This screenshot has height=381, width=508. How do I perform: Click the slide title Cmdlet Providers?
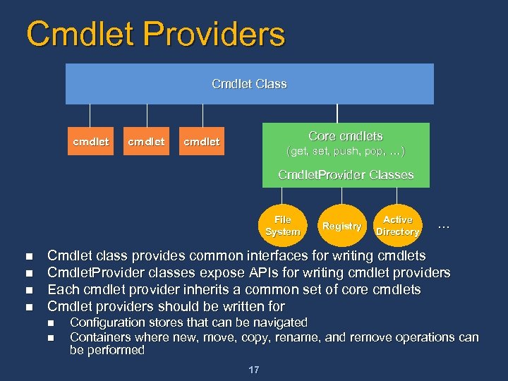coord(155,34)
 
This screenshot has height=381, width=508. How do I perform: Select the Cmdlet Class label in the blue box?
coord(249,84)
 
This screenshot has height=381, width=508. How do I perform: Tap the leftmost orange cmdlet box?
coord(90,142)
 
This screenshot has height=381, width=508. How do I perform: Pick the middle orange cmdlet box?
coord(146,142)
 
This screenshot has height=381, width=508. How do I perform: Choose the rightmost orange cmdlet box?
coord(201,142)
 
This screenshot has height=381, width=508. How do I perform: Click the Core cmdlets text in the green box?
coord(345,136)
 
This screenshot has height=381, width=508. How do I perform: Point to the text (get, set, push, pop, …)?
coord(345,152)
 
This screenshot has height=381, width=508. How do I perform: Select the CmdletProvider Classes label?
coord(345,174)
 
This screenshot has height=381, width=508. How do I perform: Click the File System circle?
coord(282,226)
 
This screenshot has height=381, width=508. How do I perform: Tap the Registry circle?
coord(341,226)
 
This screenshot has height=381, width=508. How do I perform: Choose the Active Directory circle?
coord(398,226)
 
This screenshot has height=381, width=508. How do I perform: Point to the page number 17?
coord(253,369)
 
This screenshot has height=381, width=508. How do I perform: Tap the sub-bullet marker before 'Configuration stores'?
coord(50,323)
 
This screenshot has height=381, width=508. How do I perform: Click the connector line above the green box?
coord(337,113)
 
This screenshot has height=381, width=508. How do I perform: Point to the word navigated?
coord(280,322)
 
